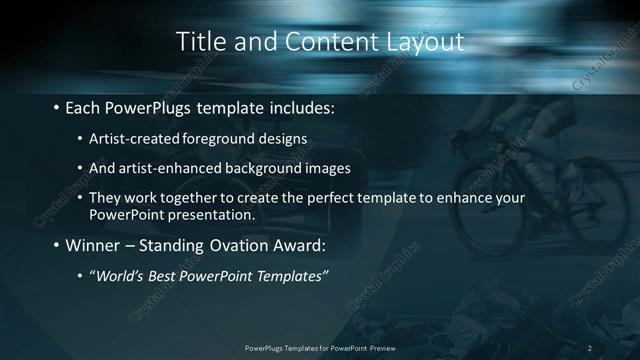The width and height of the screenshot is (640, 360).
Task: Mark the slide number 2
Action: [x=590, y=347]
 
